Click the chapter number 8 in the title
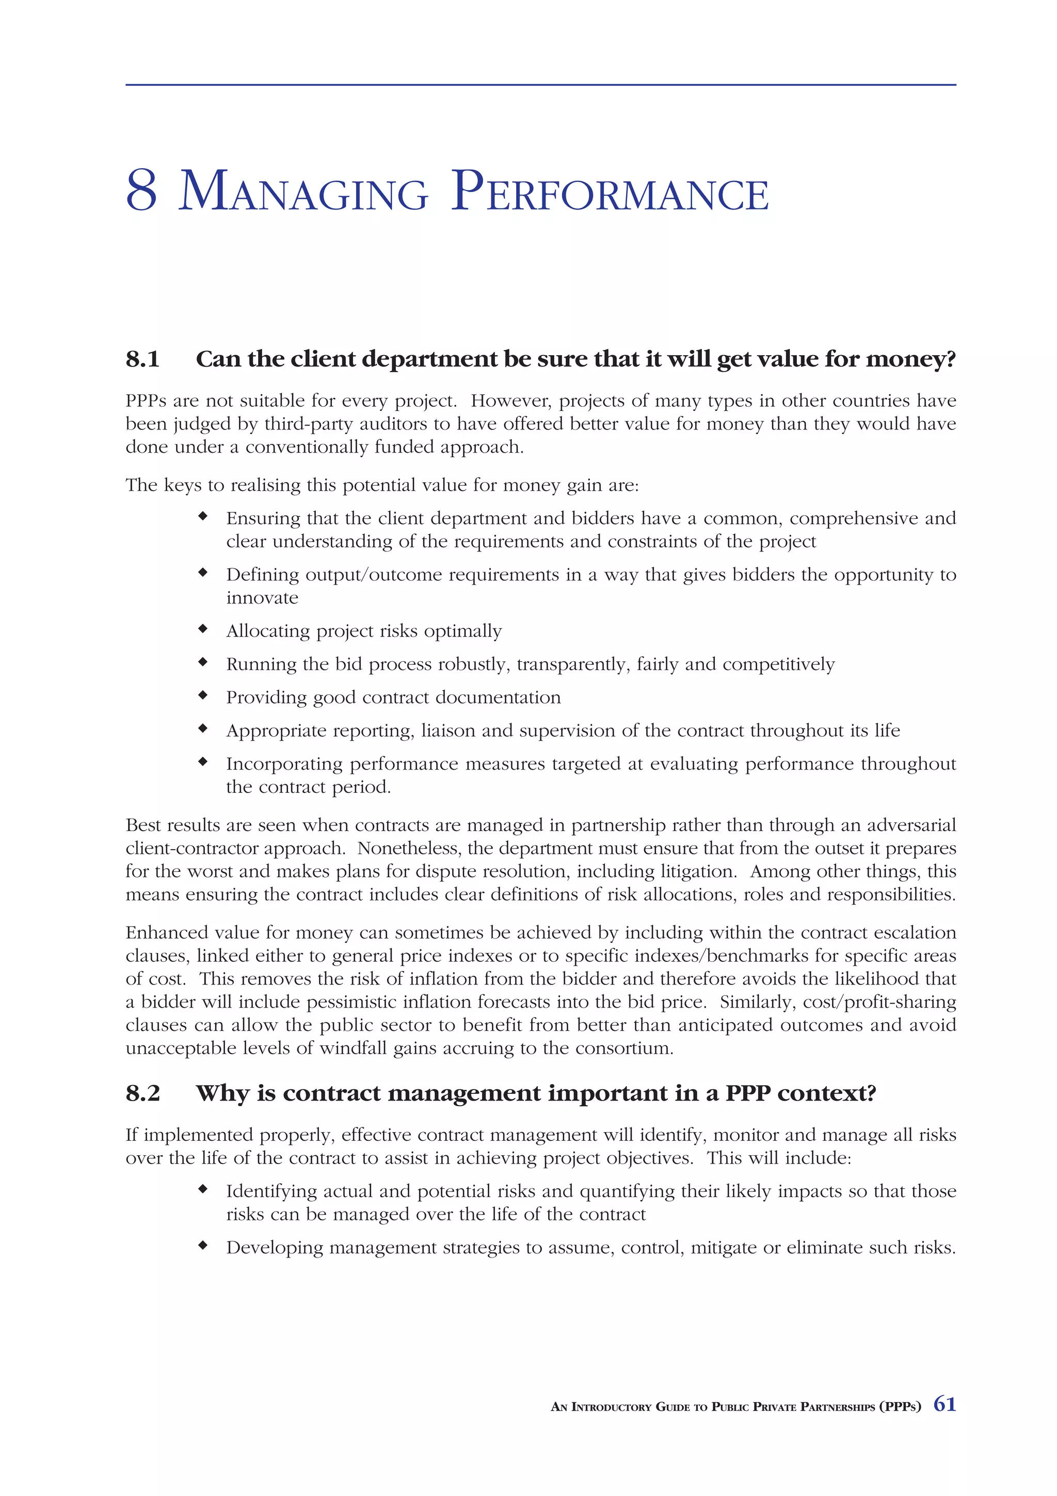pos(141,191)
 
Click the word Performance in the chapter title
pos(610,192)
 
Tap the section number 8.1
pos(142,359)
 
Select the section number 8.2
pos(142,1093)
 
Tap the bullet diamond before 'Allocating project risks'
pos(203,629)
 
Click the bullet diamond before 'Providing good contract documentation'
pos(203,695)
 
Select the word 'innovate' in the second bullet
pos(262,598)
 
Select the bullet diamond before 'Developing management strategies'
pos(203,1245)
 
